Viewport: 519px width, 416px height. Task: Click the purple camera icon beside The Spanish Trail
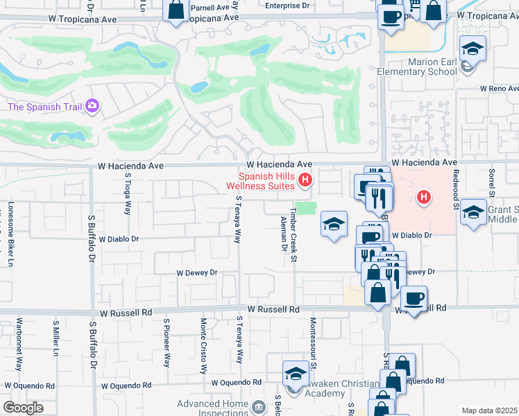pos(92,106)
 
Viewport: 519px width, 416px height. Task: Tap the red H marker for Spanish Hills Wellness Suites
pos(305,182)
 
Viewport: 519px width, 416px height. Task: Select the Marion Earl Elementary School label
pos(417,66)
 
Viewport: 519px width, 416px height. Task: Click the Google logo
pos(22,408)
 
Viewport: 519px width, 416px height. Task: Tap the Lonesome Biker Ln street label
pos(10,234)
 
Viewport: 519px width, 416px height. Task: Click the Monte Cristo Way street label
pos(203,346)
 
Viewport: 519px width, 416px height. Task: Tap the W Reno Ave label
pos(498,89)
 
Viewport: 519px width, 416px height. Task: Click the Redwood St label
pos(456,188)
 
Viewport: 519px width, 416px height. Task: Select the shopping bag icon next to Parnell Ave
pos(176,10)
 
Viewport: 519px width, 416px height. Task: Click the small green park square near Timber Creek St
pos(305,209)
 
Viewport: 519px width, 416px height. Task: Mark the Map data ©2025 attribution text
pos(489,410)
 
